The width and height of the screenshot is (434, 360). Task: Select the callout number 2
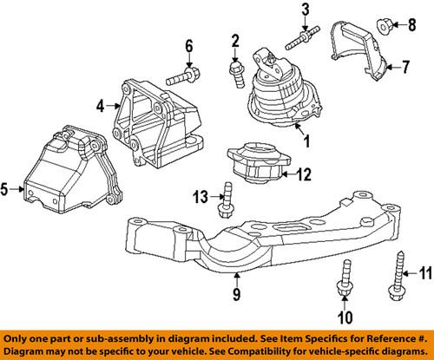[234, 39]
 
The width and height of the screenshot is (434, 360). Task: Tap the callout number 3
[306, 10]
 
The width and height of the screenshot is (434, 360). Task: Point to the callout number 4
[101, 107]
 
